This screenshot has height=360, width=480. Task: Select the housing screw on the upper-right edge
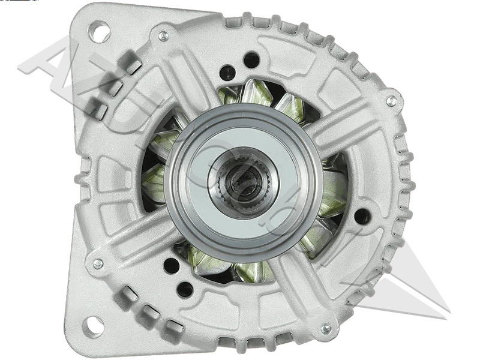click(391, 101)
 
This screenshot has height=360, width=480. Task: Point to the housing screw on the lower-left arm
click(98, 263)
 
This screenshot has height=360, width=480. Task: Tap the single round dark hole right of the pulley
click(362, 216)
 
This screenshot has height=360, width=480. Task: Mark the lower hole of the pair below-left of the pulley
click(185, 289)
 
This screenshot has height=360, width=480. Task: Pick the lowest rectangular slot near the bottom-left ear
click(174, 328)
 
